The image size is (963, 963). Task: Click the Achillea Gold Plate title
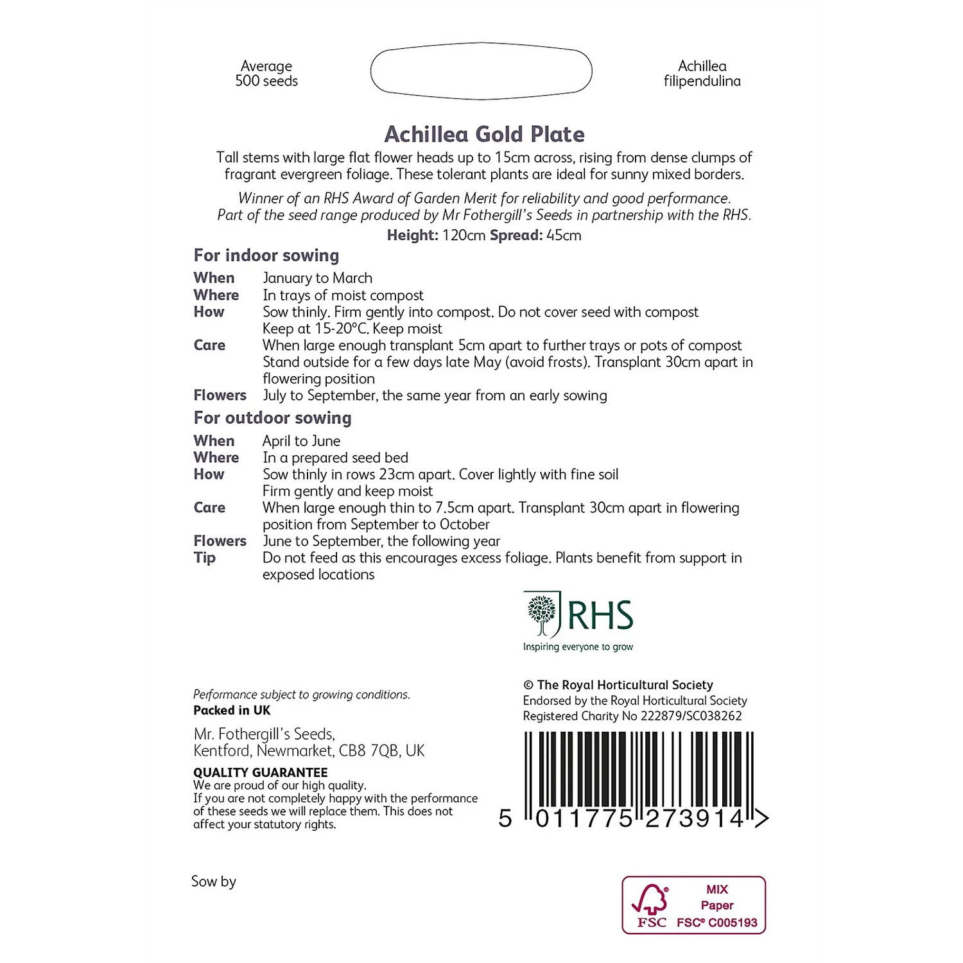[x=484, y=134]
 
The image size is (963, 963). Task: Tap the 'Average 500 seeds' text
[x=266, y=73]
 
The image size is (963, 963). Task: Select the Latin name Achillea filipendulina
[x=702, y=73]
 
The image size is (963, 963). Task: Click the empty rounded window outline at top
[x=481, y=71]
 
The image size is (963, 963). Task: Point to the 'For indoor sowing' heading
[x=266, y=256]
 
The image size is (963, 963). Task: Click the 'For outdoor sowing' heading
[x=272, y=418]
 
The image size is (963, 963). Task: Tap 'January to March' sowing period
[x=317, y=278]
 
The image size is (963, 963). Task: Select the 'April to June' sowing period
[x=301, y=441]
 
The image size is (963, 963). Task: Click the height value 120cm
[x=464, y=236]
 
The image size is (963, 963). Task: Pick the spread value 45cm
[x=564, y=236]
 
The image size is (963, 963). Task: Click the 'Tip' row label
[x=205, y=558]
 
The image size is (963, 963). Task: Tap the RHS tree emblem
[x=542, y=614]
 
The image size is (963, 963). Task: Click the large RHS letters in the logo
[x=600, y=616]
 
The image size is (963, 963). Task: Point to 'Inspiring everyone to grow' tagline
[x=578, y=647]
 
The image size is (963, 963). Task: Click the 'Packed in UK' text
[x=232, y=711]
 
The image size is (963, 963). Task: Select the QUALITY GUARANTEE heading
[x=260, y=772]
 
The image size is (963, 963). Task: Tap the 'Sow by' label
[x=214, y=881]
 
